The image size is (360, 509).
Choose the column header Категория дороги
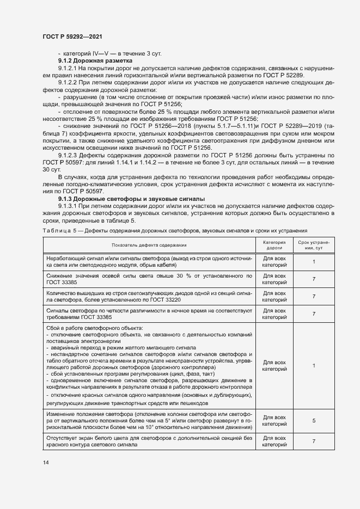[274, 245]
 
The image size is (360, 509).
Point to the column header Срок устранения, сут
[314, 245]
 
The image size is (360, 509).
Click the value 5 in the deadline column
[314, 421]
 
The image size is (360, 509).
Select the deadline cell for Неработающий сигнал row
[314, 261]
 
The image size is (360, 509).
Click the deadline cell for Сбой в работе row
[314, 366]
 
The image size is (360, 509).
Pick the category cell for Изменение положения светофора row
[274, 421]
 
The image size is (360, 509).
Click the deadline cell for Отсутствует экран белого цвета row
[314, 441]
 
